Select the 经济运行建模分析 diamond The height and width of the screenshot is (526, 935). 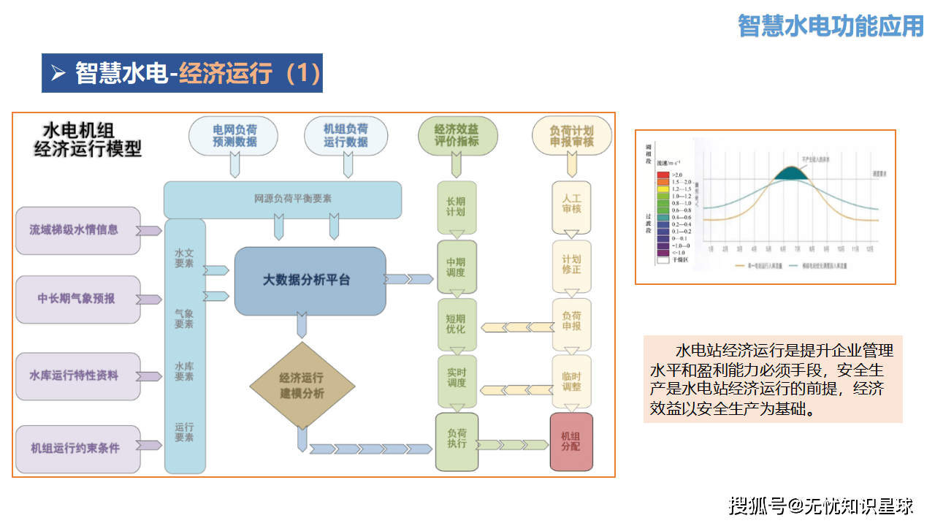coord(302,385)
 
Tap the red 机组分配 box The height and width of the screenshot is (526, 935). coord(570,441)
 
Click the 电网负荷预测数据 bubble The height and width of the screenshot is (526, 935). coord(234,136)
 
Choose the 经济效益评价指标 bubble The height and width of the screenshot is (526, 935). coord(457,136)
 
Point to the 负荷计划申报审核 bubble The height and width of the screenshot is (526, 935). coord(571,136)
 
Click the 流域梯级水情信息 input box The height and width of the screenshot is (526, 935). coord(78,230)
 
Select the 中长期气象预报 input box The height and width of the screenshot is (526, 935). coord(78,299)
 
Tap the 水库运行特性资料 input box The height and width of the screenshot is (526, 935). coord(78,376)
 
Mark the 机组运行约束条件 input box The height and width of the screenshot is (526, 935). coord(78,448)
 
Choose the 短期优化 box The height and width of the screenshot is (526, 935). coord(457,324)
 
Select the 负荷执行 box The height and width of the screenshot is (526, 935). coord(457,441)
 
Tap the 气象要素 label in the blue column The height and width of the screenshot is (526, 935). coord(184,319)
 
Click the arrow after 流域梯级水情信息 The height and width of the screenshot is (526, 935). coord(150,231)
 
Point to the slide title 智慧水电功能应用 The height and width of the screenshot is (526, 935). coord(831,26)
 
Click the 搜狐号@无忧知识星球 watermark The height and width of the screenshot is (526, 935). coord(821,505)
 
